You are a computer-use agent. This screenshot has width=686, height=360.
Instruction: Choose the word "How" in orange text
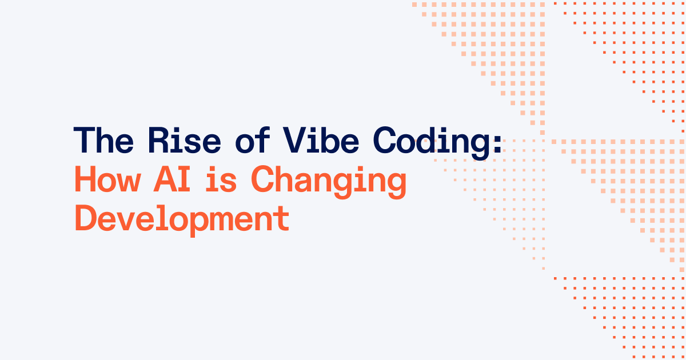[107, 181]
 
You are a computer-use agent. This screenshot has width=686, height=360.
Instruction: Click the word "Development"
[181, 221]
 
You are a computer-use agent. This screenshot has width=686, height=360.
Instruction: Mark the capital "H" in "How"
[86, 181]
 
